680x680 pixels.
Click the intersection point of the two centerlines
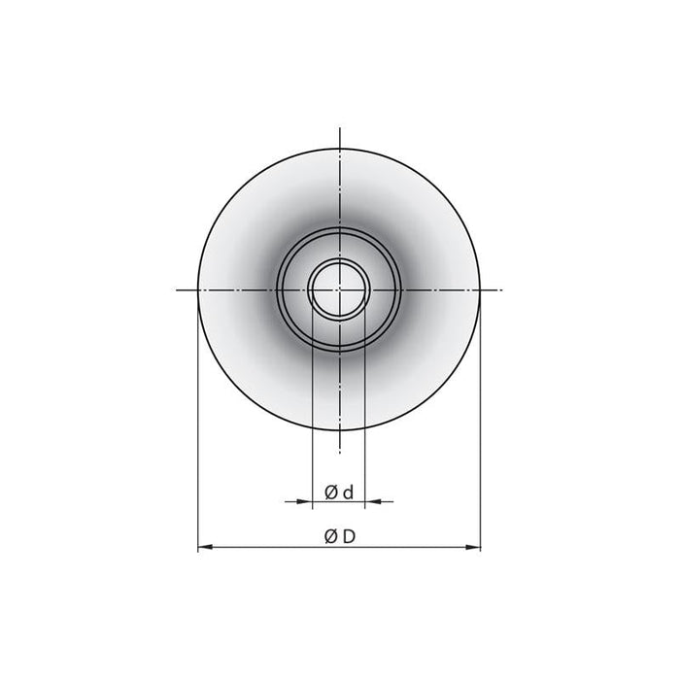tap(339, 289)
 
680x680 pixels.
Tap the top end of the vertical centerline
tap(339, 127)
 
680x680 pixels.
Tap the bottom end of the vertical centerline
tap(339, 453)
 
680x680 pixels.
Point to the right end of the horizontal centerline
tap(501, 289)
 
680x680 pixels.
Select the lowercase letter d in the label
tap(348, 493)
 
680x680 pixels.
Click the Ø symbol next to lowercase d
tap(330, 493)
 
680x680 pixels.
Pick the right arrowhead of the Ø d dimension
tap(372, 501)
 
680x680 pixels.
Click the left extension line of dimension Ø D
tap(197, 437)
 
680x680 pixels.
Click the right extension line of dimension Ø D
tap(480, 437)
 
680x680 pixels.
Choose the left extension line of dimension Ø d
tap(312, 408)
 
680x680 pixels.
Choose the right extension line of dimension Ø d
tap(366, 408)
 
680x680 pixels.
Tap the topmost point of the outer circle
tap(339, 148)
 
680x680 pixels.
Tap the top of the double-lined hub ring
tap(339, 227)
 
